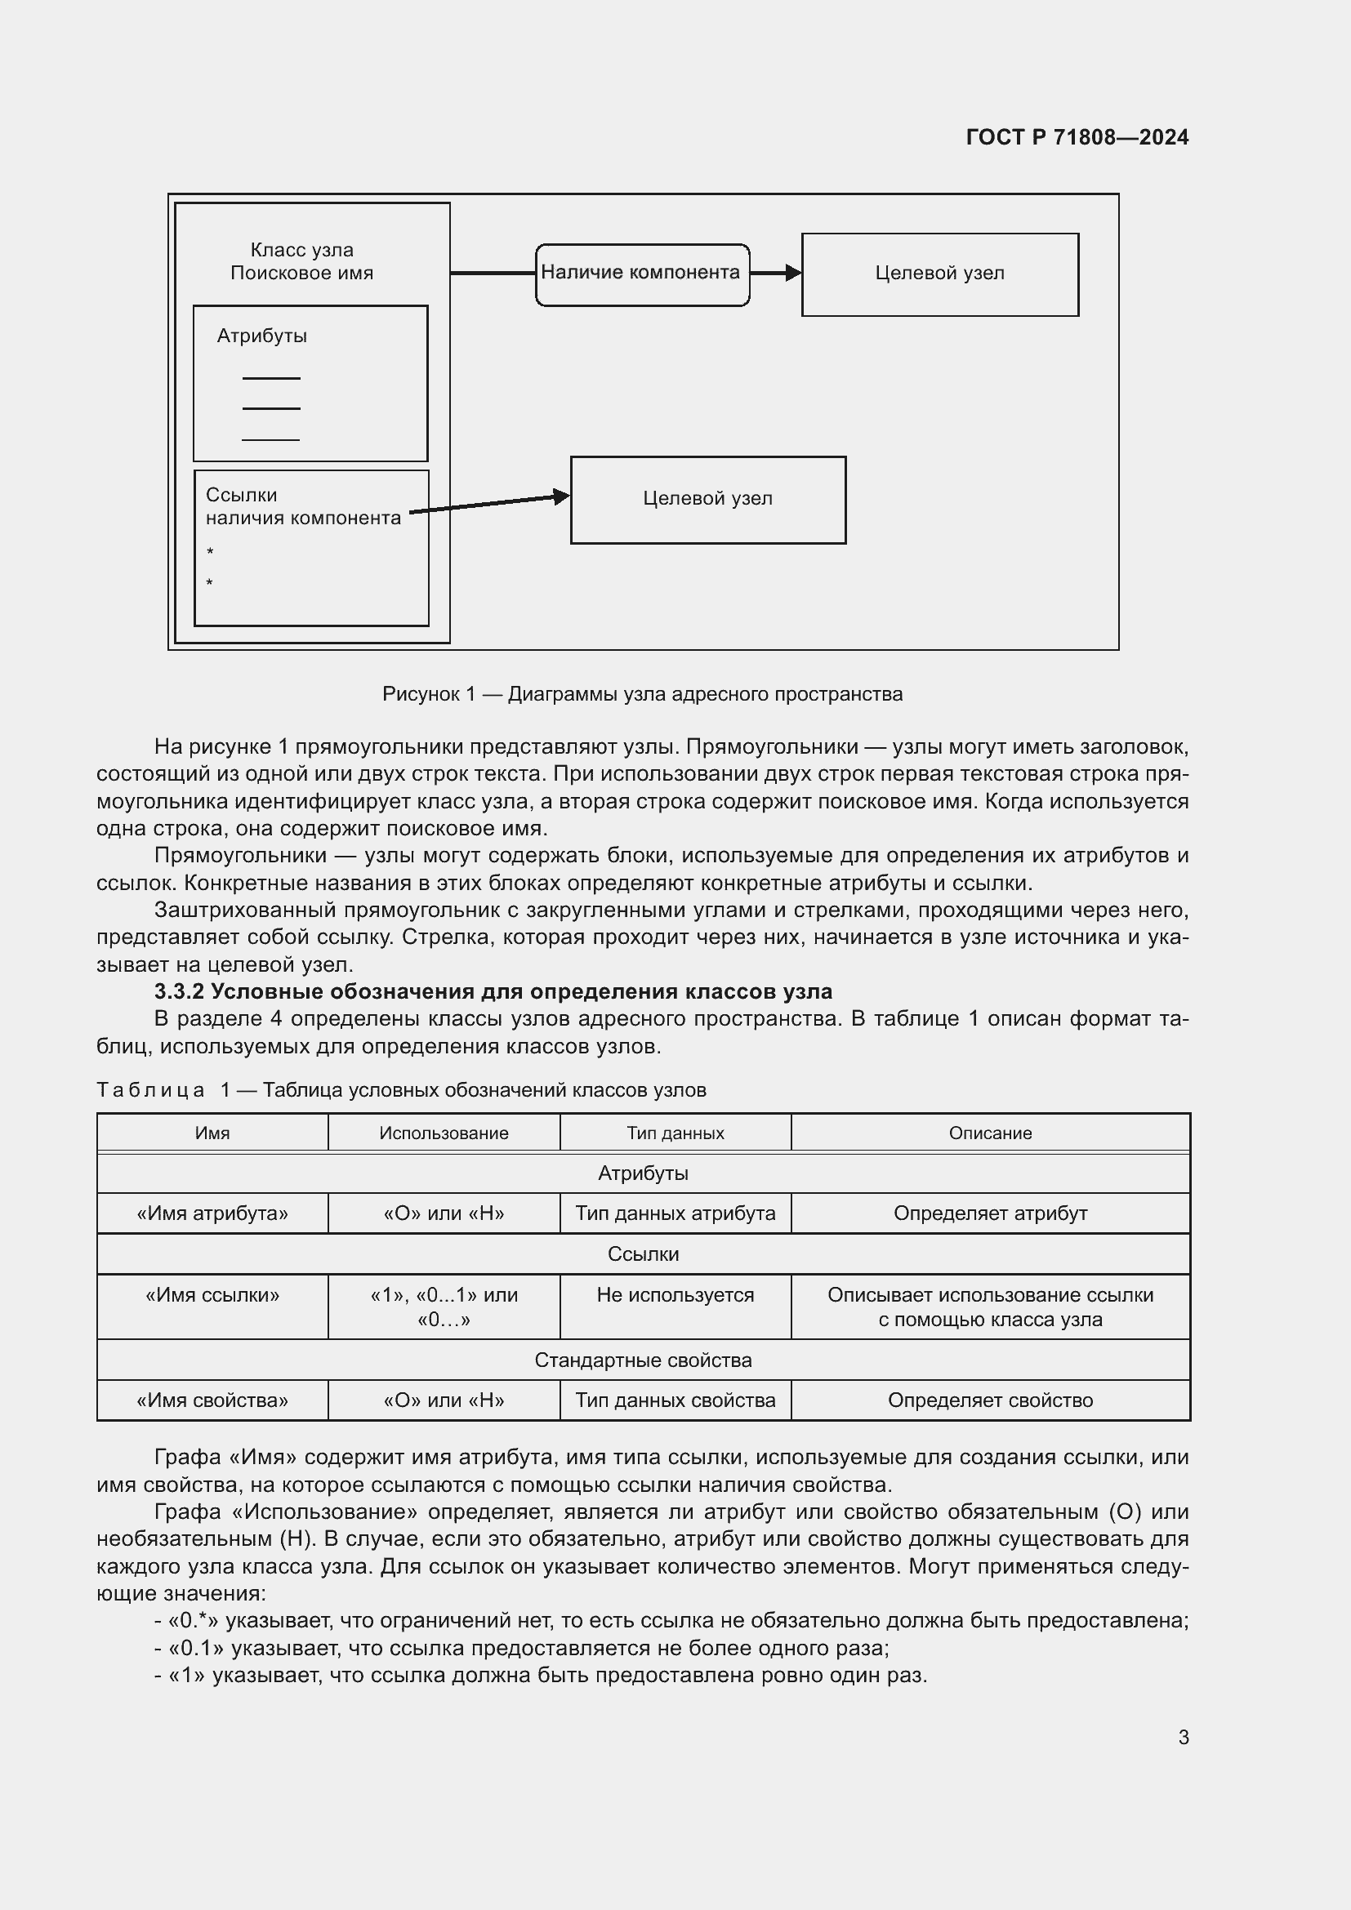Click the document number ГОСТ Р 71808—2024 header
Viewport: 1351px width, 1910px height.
pyautogui.click(x=1077, y=137)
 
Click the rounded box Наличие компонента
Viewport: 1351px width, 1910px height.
pyautogui.click(x=641, y=273)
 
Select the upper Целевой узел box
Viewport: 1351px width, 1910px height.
pyautogui.click(x=939, y=274)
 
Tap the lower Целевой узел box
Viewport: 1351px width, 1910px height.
pyautogui.click(x=707, y=499)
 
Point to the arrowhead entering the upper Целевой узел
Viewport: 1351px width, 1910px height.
pyautogui.click(x=794, y=273)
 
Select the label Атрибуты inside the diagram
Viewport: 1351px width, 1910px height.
pyautogui.click(x=262, y=336)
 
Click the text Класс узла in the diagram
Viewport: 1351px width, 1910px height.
pyautogui.click(x=302, y=251)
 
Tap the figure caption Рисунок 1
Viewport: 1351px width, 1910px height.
pyautogui.click(x=641, y=694)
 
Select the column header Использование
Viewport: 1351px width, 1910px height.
pyautogui.click(x=444, y=1133)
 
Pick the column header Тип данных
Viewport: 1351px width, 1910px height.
pyautogui.click(x=675, y=1133)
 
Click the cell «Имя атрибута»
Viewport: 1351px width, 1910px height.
pyautogui.click(x=212, y=1213)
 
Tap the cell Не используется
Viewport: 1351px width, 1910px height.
pyautogui.click(x=675, y=1294)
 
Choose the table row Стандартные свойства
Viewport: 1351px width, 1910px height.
pyautogui.click(x=642, y=1360)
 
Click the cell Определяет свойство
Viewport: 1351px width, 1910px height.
pyautogui.click(x=990, y=1400)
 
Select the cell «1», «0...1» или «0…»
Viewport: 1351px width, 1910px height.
pyautogui.click(x=444, y=1307)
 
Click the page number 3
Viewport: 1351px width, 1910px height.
pyautogui.click(x=1183, y=1737)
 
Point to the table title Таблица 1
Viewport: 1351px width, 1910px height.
pyautogui.click(x=401, y=1090)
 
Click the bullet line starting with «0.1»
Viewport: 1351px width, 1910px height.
pyautogui.click(x=522, y=1648)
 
